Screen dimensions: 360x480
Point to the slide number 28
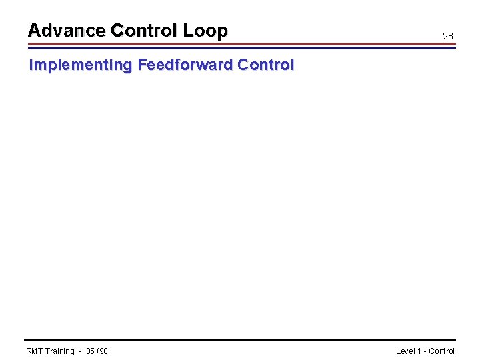pos(448,36)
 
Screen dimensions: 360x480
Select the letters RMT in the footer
pos(34,351)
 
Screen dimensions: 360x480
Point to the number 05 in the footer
pos(91,351)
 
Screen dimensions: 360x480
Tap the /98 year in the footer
pos(103,351)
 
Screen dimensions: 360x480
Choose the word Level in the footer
pos(405,351)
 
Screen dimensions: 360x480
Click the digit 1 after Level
pos(419,351)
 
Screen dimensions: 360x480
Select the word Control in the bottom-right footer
pos(441,351)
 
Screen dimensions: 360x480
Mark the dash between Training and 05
pos(79,351)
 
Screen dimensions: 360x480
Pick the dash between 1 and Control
pos(425,351)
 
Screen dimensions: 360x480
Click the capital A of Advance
pos(33,31)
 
